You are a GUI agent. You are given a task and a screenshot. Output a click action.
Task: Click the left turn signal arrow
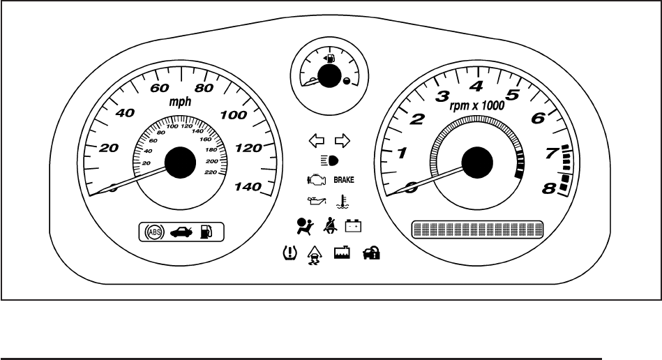317,142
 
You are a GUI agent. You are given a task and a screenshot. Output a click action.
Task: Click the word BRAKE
344,180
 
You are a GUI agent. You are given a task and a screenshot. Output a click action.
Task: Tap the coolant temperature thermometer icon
342,203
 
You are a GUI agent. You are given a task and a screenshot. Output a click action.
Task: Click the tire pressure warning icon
285,254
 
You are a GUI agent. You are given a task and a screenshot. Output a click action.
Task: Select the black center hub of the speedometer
180,163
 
